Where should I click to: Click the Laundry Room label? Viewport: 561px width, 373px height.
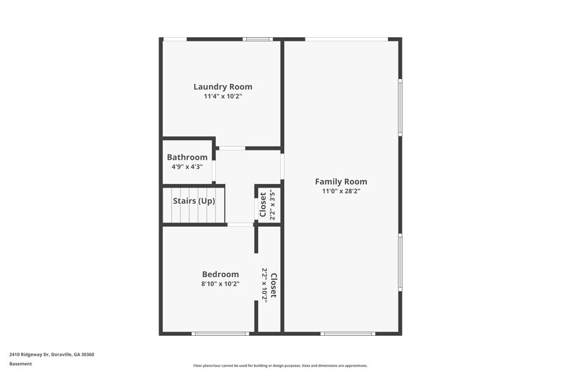[x=222, y=87]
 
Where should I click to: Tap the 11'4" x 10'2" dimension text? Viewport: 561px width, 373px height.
[x=222, y=97]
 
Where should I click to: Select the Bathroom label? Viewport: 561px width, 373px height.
[x=187, y=157]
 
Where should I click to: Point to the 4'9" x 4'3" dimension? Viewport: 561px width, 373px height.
[x=187, y=167]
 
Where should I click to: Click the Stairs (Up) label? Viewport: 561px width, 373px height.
[x=194, y=202]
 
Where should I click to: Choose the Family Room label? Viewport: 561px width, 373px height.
[x=341, y=181]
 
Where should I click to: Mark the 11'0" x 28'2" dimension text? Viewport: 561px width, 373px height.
[x=341, y=191]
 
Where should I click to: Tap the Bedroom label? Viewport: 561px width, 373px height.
[x=220, y=274]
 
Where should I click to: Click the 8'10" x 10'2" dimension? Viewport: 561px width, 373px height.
[x=220, y=284]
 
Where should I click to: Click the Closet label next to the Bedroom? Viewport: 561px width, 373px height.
[x=273, y=286]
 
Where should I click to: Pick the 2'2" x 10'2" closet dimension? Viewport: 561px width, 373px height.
[x=264, y=284]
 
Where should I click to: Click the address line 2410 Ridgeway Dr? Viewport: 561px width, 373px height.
[x=52, y=354]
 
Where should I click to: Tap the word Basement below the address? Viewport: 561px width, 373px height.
[x=20, y=364]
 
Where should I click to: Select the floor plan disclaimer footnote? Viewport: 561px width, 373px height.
[x=280, y=365]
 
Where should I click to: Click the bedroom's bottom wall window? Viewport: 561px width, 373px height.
[x=219, y=333]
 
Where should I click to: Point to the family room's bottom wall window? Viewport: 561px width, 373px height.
[x=348, y=333]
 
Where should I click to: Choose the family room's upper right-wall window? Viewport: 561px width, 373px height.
[x=400, y=106]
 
